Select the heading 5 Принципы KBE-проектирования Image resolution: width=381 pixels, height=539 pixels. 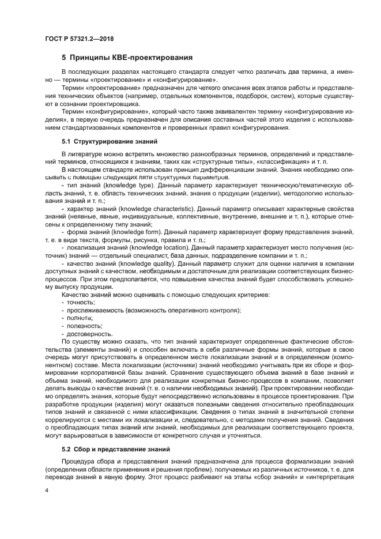click(x=127, y=58)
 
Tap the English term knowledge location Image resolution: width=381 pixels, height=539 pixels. click(x=156, y=247)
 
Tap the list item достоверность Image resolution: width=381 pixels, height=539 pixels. click(x=88, y=334)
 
